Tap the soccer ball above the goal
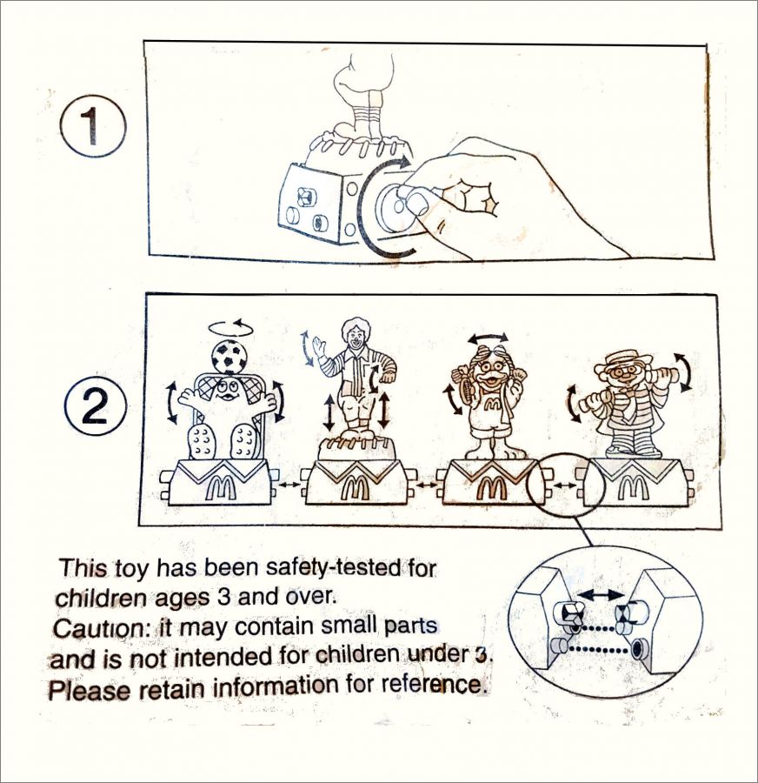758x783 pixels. point(227,357)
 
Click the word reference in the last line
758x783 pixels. point(433,683)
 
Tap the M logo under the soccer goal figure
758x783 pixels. point(219,485)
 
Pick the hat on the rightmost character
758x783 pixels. point(622,359)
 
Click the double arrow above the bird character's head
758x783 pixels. point(488,337)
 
